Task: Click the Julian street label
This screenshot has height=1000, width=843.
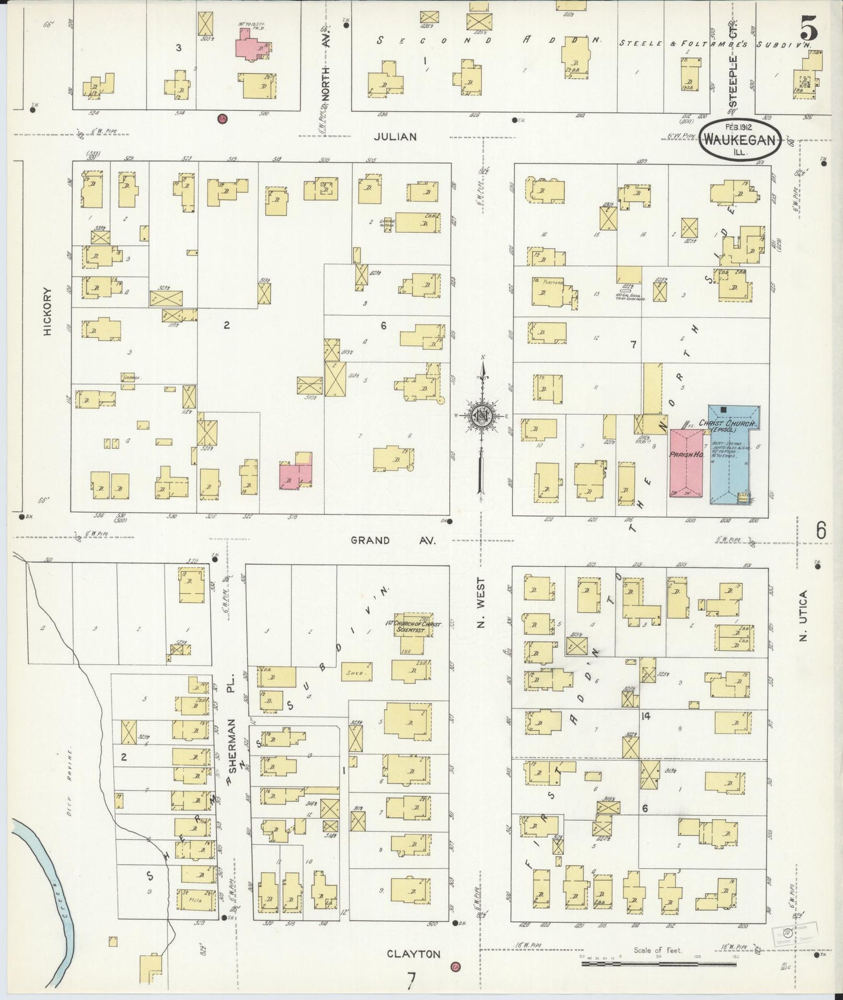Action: (x=396, y=137)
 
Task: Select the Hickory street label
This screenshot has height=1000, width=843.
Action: (x=48, y=312)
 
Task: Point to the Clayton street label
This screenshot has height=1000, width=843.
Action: (x=414, y=954)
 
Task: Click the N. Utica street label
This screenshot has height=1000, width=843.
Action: (x=803, y=616)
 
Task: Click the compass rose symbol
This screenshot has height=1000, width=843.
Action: (x=482, y=415)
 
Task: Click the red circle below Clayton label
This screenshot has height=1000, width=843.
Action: (x=455, y=967)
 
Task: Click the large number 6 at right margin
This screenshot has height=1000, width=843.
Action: (x=821, y=530)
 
